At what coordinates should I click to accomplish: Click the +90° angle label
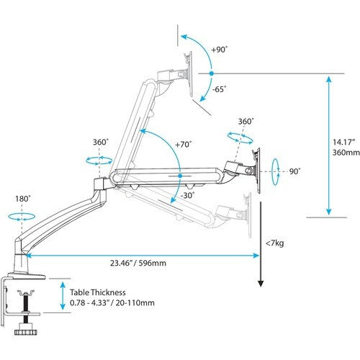coord(220,50)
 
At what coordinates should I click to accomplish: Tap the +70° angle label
coord(184,144)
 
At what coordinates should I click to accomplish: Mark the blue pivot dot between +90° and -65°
coord(210,73)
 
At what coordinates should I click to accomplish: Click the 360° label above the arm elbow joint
coord(100,143)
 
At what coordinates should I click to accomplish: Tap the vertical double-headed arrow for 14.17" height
coord(329,148)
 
